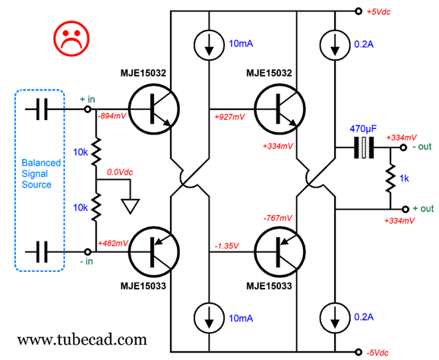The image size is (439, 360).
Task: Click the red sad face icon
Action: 71,38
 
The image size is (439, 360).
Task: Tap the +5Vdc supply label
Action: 378,12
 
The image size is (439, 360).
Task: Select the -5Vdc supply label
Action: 377,352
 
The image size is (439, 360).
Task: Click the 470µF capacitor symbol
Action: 364,147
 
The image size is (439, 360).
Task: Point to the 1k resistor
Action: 390,178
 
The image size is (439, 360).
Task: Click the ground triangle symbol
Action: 130,207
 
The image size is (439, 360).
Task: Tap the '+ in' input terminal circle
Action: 87,109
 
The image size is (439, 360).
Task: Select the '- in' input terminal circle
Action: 87,251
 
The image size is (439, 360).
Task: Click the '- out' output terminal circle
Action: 403,147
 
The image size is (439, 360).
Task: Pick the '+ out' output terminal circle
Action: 405,209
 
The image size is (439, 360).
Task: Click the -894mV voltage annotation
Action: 112,116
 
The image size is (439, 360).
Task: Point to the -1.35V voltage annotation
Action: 226,246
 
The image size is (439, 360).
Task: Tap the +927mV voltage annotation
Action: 229,117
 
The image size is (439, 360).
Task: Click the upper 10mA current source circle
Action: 209,45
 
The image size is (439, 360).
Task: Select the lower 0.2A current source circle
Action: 335,318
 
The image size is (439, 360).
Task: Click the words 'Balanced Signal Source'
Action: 41,174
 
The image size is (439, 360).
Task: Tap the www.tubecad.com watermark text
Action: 82,339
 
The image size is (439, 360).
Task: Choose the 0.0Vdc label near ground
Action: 119,172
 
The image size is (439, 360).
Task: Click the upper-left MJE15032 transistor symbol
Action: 153,109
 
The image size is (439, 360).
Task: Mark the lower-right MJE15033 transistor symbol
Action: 280,251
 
